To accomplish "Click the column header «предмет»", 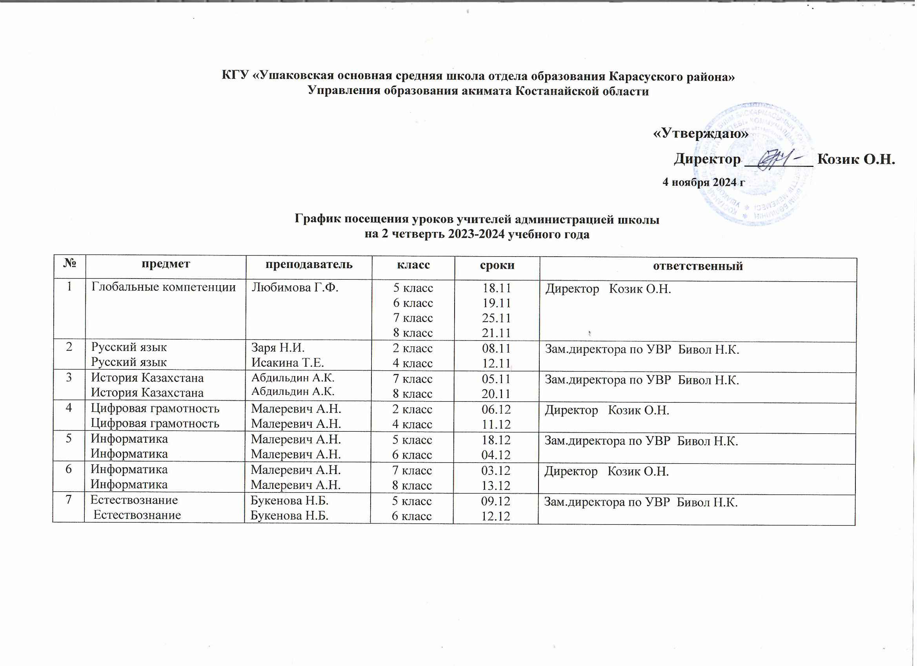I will [166, 264].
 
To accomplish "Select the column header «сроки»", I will [497, 265].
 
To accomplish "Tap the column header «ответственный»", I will [698, 266].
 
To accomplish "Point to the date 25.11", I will [497, 318].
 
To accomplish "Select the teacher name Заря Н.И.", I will [278, 347].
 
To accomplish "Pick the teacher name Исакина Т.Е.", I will [287, 363].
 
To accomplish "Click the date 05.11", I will [496, 379].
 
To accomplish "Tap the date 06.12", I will [496, 409].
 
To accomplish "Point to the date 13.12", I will [496, 485].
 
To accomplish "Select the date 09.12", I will [495, 501].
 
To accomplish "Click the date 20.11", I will [496, 394].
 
